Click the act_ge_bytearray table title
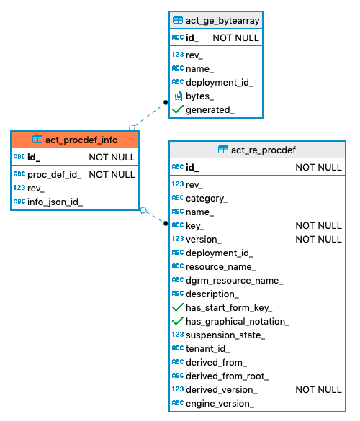[222, 21]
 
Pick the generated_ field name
[210, 109]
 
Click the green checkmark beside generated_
[177, 109]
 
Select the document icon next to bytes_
[177, 96]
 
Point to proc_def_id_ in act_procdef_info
[54, 174]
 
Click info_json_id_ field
[55, 202]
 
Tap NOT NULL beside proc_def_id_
[112, 174]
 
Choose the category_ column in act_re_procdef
[207, 198]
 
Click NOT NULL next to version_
[318, 239]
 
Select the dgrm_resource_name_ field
[234, 280]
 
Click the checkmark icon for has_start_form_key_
[177, 307]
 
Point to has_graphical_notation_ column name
[237, 321]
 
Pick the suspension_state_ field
[225, 335]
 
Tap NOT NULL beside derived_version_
[318, 389]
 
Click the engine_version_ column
[220, 403]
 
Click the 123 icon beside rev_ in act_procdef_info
[19, 188]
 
